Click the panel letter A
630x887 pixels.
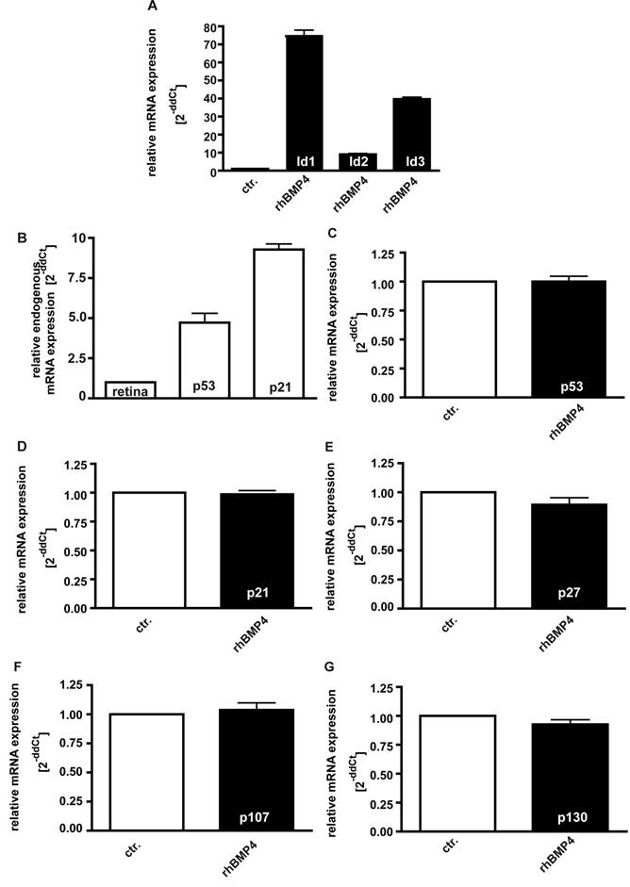153,8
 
